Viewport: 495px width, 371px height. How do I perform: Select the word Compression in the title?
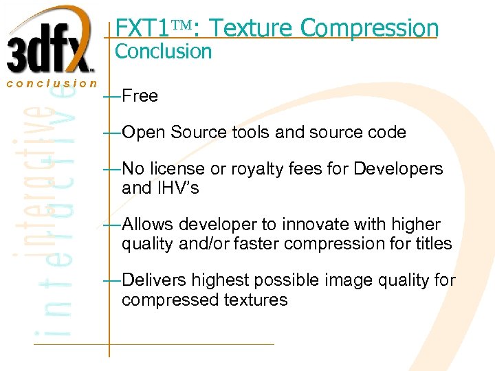pyautogui.click(x=369, y=27)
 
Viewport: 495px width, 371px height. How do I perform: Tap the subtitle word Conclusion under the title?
pyautogui.click(x=163, y=51)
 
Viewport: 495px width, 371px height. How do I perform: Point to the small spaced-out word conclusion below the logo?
pyautogui.click(x=52, y=83)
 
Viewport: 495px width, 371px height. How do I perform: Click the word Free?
pyautogui.click(x=140, y=95)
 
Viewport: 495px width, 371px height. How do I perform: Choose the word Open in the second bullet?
pyautogui.click(x=143, y=132)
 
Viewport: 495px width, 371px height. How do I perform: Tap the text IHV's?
pyautogui.click(x=179, y=188)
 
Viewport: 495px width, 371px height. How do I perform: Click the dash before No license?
pyautogui.click(x=110, y=169)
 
